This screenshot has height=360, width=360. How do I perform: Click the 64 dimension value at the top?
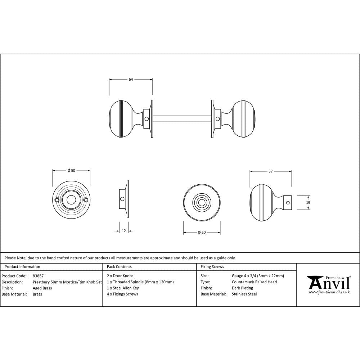pos(131,80)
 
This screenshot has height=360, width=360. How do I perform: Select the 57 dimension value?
pos(271,172)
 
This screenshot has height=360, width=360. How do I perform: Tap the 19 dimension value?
pos(308,203)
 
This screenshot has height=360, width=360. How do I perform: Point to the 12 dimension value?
pos(124,231)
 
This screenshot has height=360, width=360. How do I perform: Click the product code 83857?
pos(38,276)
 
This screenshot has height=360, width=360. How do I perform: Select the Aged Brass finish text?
pos(42,288)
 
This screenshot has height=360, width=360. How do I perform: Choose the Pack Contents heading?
pos(119,267)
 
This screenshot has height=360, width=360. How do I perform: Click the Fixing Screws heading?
pos(212,267)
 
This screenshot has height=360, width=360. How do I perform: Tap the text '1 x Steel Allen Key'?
pos(123,288)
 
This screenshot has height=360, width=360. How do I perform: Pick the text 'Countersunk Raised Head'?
pos(254,282)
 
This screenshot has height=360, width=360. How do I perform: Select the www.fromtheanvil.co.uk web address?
pos(329,292)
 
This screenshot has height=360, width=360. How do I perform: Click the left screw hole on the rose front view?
pos(57,200)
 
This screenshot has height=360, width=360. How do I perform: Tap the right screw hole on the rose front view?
pos(86,200)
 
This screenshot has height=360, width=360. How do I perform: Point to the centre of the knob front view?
pos(202,202)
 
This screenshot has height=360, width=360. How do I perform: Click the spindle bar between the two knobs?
pos(182,118)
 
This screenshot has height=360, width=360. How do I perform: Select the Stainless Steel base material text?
pos(244,294)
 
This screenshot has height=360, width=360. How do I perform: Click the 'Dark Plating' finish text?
pos(242,288)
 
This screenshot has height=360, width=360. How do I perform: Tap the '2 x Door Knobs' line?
pos(120,276)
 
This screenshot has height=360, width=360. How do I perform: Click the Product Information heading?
pos(22,267)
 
